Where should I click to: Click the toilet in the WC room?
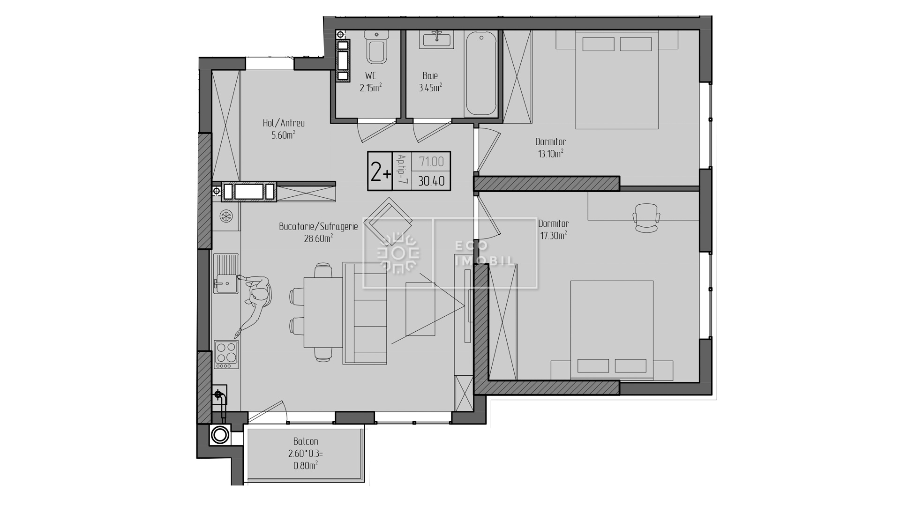click(377, 47)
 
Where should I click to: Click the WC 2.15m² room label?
click(370, 82)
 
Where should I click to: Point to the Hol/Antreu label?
click(284, 123)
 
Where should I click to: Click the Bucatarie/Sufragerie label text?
click(318, 227)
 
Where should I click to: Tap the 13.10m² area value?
click(551, 153)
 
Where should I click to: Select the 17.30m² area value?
click(554, 235)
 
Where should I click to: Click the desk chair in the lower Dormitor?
click(646, 217)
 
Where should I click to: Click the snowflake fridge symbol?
click(227, 216)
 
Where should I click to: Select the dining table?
click(323, 312)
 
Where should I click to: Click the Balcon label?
click(306, 441)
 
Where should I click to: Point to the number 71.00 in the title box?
click(431, 162)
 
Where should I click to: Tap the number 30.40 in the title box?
click(431, 181)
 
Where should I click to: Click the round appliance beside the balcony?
click(219, 435)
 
